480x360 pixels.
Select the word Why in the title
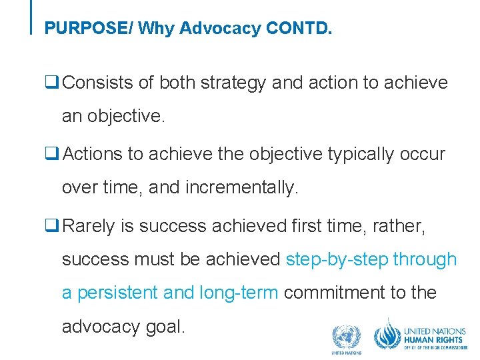pyautogui.click(x=154, y=29)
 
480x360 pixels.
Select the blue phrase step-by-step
pyautogui.click(x=337, y=259)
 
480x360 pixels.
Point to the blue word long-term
pyautogui.click(x=239, y=293)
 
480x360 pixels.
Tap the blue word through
pyautogui.click(x=425, y=259)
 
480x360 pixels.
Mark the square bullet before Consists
pyautogui.click(x=49, y=83)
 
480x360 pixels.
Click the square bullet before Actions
pyautogui.click(x=49, y=154)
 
